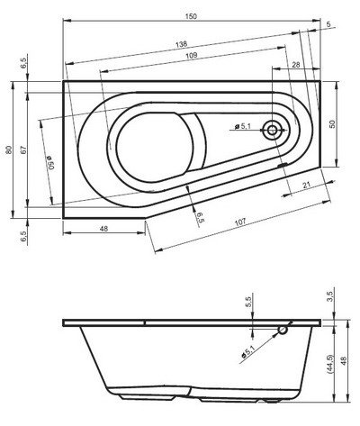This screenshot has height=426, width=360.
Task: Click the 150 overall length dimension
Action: pyautogui.click(x=191, y=16)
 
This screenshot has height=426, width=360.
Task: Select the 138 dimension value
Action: pyautogui.click(x=181, y=44)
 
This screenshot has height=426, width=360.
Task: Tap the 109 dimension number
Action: pyautogui.click(x=192, y=55)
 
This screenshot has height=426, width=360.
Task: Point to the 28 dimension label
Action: pyautogui.click(x=296, y=65)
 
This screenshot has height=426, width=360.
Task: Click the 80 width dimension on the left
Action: pyautogui.click(x=9, y=150)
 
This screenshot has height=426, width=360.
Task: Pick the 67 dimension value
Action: pyautogui.click(x=23, y=150)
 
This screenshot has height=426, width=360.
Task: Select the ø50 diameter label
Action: pyautogui.click(x=49, y=162)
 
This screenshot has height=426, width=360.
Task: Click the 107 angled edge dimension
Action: pyautogui.click(x=240, y=222)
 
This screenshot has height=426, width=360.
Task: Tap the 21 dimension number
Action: pyautogui.click(x=306, y=186)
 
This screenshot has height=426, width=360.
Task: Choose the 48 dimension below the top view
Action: pyautogui.click(x=103, y=229)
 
